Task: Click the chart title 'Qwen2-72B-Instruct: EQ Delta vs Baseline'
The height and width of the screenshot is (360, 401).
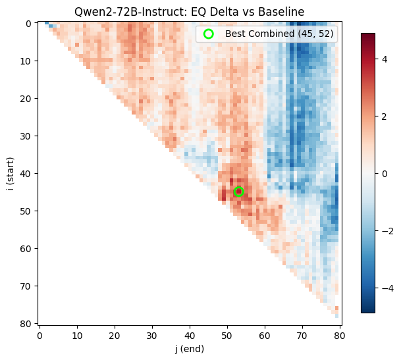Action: (189, 11)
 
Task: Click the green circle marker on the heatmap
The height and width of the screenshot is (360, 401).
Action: (238, 192)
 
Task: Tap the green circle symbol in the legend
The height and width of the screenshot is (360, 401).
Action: (209, 34)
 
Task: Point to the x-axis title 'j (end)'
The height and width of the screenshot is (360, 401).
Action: (189, 349)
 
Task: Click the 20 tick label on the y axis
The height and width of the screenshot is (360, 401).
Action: (26, 99)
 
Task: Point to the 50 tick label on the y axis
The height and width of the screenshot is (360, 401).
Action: (26, 211)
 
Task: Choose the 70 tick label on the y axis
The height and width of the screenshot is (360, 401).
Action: (26, 286)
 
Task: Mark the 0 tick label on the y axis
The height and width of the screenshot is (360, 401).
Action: (28, 24)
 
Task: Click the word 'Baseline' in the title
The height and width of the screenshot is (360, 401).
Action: (283, 11)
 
